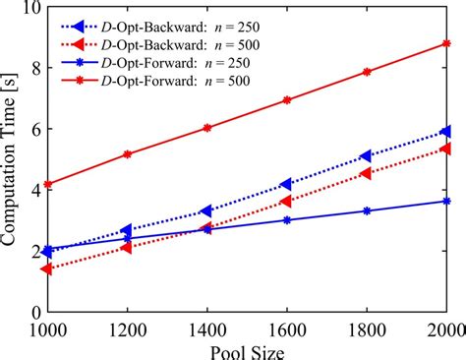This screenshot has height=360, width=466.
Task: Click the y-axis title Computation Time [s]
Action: click(x=13, y=157)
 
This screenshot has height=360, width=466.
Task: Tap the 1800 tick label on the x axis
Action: click(x=367, y=327)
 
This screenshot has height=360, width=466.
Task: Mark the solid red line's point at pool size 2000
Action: click(x=447, y=43)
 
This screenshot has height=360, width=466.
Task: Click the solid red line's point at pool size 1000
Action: click(x=46, y=184)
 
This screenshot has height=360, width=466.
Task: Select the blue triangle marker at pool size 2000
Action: click(x=447, y=131)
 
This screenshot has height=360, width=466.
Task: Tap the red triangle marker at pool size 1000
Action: click(x=46, y=269)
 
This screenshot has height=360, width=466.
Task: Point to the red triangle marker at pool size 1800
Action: click(x=367, y=173)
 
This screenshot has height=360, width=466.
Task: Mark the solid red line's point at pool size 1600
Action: click(x=286, y=100)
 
